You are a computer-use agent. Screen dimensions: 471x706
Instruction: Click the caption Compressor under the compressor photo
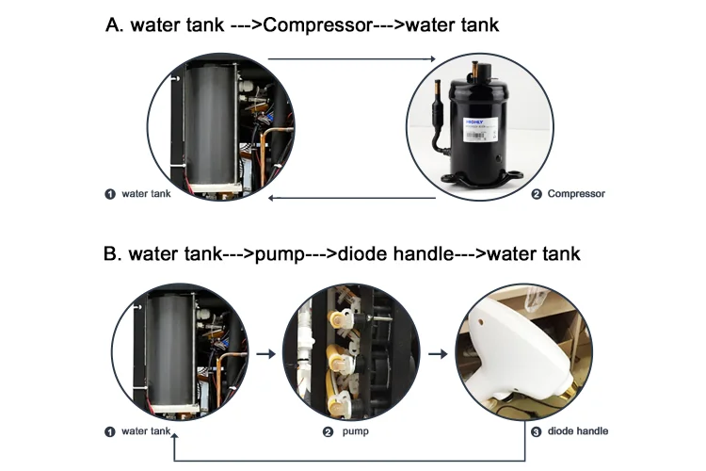point(576,194)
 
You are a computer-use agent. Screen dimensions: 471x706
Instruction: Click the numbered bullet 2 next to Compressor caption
point(537,194)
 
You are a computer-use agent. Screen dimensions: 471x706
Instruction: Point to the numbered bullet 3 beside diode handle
point(537,431)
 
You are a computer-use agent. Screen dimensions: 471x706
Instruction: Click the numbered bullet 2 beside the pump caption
point(328,431)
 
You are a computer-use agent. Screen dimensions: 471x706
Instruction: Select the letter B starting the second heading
point(112,254)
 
